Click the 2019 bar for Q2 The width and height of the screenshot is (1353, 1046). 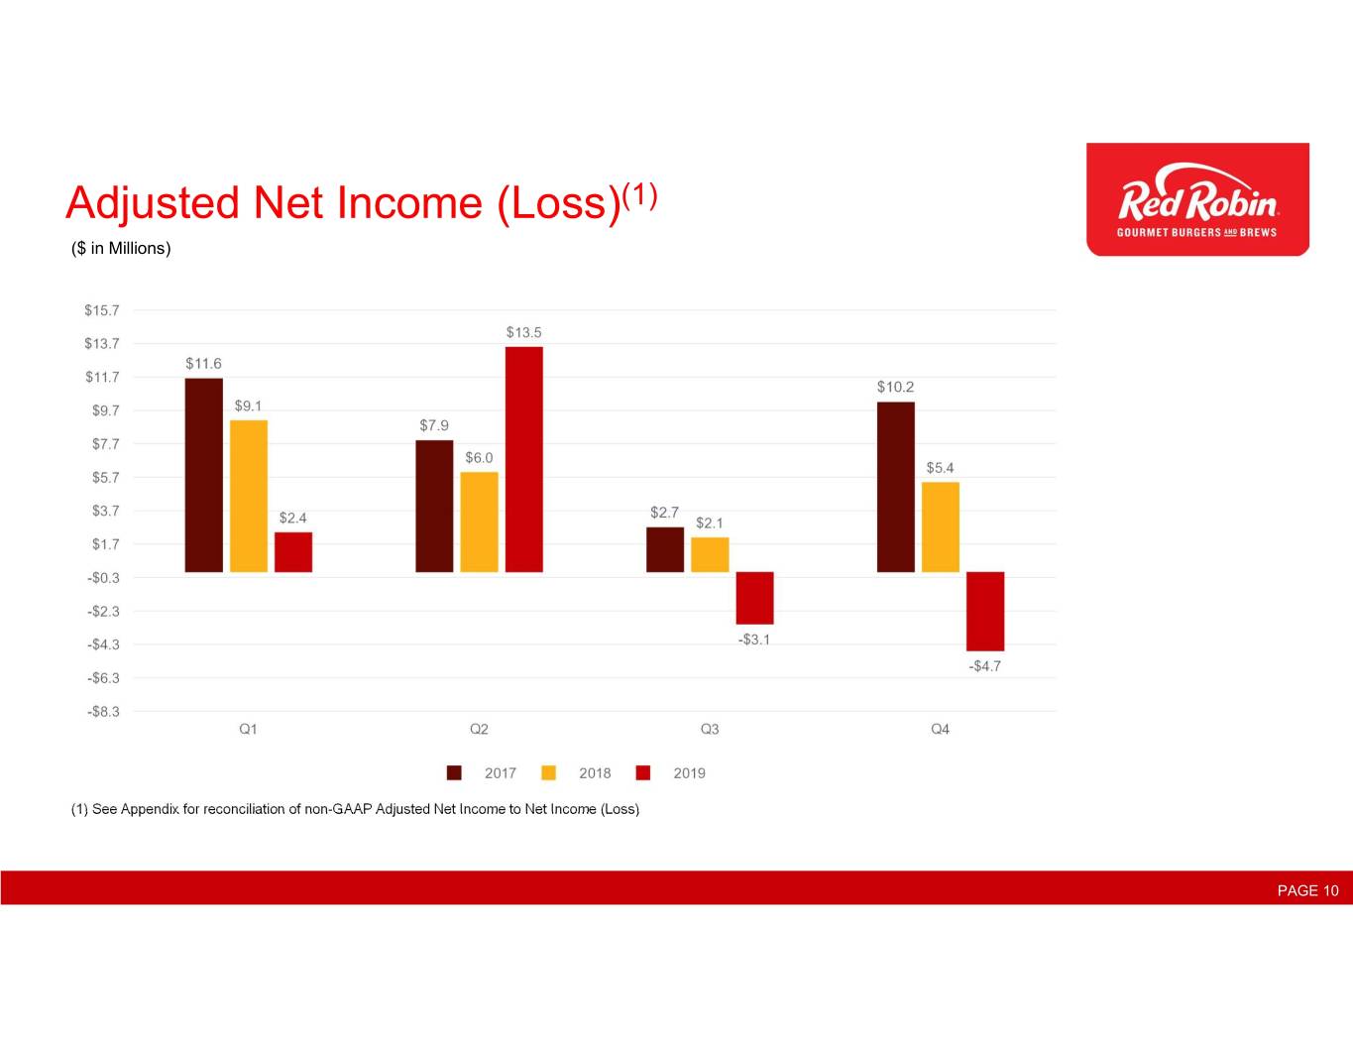523,459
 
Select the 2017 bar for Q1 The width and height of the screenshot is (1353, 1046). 203,475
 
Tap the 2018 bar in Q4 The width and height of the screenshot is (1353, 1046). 941,526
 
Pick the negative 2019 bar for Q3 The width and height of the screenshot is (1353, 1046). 754,598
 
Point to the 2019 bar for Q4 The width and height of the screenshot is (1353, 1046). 985,612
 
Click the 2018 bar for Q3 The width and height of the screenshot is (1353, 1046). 710,555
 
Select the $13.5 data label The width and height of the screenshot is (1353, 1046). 523,332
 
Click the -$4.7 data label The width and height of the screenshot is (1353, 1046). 985,666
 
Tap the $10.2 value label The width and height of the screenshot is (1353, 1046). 895,387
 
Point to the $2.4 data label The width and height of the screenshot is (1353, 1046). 292,518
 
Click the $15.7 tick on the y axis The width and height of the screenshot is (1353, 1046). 101,310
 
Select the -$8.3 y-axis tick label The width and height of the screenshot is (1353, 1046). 103,712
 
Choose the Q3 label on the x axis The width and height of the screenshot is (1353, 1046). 710,729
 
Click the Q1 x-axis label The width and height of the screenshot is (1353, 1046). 248,729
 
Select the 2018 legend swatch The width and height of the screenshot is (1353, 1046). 548,773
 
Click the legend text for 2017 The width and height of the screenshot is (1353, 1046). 501,773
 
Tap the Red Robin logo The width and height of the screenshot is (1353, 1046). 1198,199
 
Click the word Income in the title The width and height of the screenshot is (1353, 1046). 409,203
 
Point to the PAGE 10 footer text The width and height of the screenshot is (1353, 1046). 1307,891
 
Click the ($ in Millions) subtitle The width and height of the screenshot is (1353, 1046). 121,249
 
